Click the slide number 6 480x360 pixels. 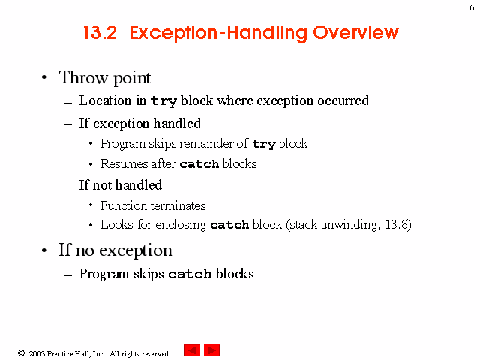[472, 7]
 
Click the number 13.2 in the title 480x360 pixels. [100, 32]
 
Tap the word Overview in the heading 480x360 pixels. [355, 32]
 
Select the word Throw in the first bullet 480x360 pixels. [83, 77]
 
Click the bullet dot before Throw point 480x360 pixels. [44, 77]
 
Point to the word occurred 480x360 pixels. [343, 100]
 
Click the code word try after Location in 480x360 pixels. [163, 101]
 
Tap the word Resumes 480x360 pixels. [123, 163]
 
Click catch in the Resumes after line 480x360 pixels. [199, 164]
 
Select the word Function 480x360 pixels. [124, 205]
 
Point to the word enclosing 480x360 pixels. [181, 225]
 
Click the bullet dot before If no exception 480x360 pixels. [44, 250]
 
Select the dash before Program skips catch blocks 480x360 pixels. [68, 275]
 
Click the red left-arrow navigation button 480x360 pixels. [192, 350]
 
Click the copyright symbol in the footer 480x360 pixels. [21, 353]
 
